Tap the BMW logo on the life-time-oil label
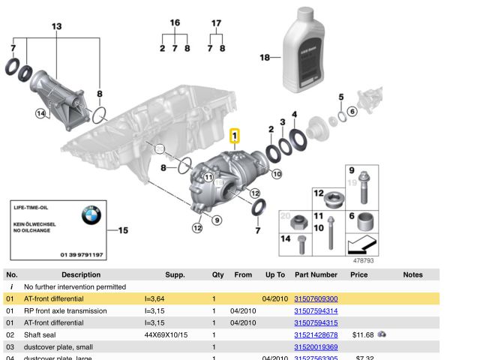pyautogui.click(x=94, y=218)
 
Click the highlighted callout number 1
pyautogui.click(x=235, y=136)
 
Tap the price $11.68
pyautogui.click(x=362, y=334)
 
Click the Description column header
pyautogui.click(x=81, y=274)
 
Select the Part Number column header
pyautogui.click(x=316, y=274)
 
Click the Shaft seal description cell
pyautogui.click(x=44, y=334)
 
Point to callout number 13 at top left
pyautogui.click(x=57, y=26)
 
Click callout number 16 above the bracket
pyautogui.click(x=175, y=23)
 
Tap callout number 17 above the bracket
pyautogui.click(x=216, y=23)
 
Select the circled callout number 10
pyautogui.click(x=276, y=174)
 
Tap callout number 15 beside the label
pyautogui.click(x=123, y=230)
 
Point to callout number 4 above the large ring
pyautogui.click(x=294, y=115)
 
